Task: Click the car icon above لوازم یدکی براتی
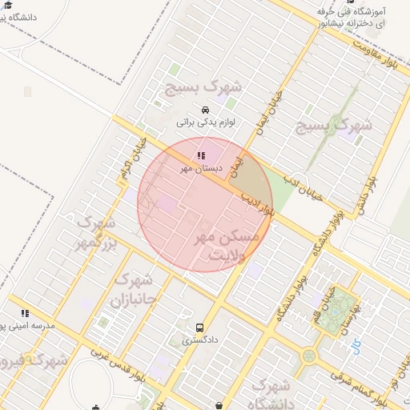coord(205,110)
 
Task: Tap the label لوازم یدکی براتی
coord(205,123)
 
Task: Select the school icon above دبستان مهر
coord(199,155)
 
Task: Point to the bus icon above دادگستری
coord(199,327)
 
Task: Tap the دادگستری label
coord(199,340)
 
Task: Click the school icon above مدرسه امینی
coord(25,313)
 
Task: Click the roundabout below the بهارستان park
coord(309,355)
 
